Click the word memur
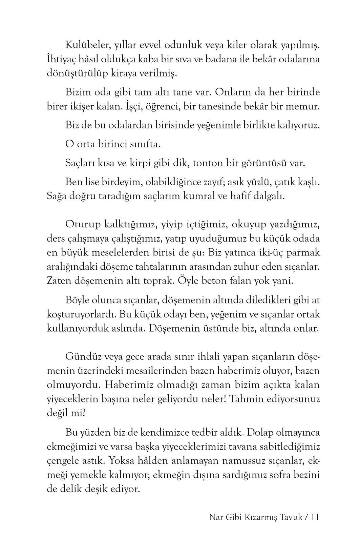tap(302, 107)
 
